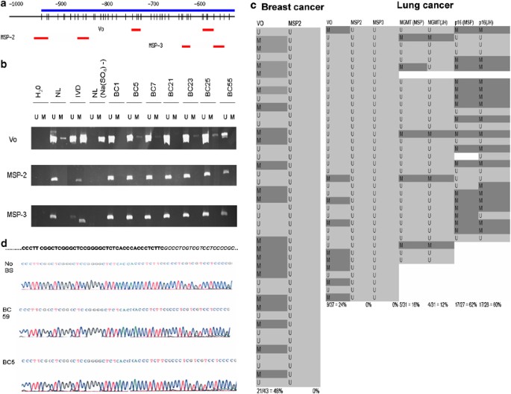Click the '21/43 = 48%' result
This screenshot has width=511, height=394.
267,390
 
